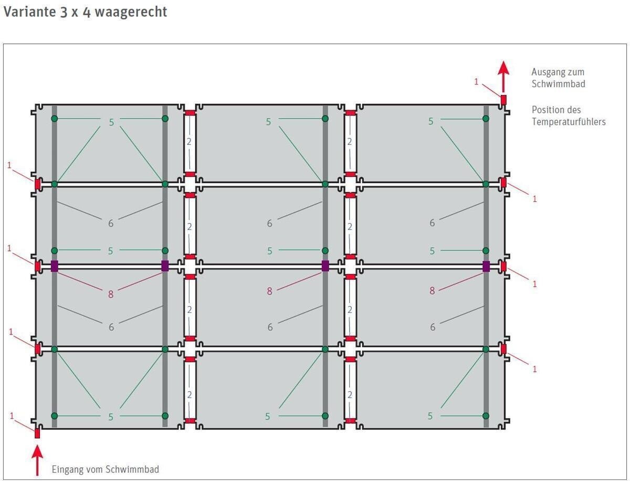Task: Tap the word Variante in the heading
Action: pyautogui.click(x=29, y=12)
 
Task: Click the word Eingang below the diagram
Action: pyautogui.click(x=67, y=469)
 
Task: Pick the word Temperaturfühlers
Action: pyautogui.click(x=569, y=122)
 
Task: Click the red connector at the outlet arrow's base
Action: pyautogui.click(x=503, y=99)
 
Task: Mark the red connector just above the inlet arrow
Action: pyautogui.click(x=37, y=433)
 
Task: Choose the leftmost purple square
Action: pyautogui.click(x=54, y=266)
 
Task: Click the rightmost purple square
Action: pyautogui.click(x=486, y=266)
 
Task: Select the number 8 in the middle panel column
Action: pyautogui.click(x=270, y=291)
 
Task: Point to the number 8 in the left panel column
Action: pyautogui.click(x=111, y=294)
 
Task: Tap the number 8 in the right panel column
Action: pyautogui.click(x=432, y=290)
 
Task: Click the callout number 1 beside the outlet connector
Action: pyautogui.click(x=476, y=81)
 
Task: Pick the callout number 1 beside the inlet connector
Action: pyautogui.click(x=12, y=416)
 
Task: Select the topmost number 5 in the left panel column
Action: pyautogui.click(x=111, y=122)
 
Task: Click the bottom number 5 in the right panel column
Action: pyautogui.click(x=430, y=416)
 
